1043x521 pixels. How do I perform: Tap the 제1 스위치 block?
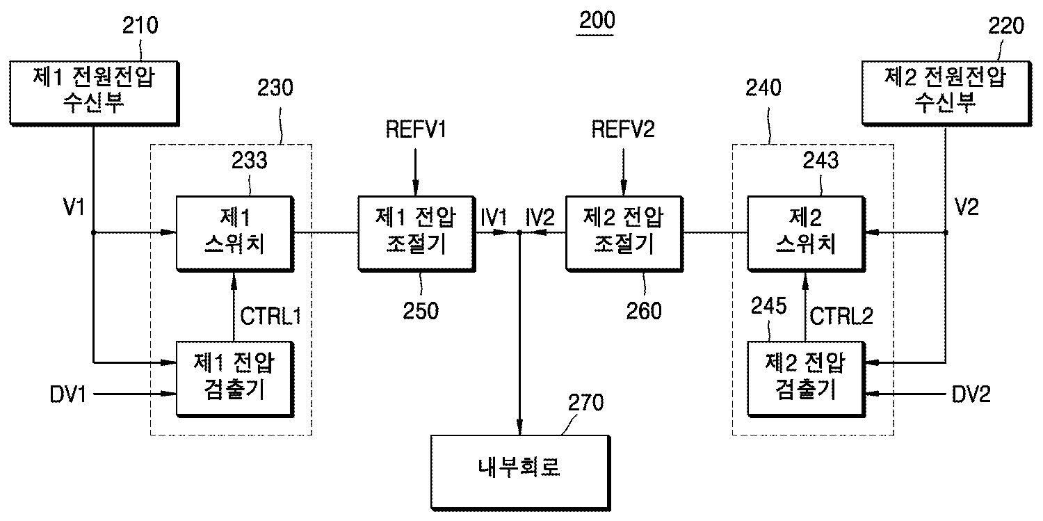[x=234, y=233]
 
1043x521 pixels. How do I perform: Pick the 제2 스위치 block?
[x=806, y=233]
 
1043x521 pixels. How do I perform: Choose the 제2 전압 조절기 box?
[x=624, y=233]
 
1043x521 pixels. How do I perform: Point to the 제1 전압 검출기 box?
[x=234, y=378]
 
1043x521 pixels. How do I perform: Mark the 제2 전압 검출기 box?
[x=806, y=378]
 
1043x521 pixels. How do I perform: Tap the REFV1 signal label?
[x=416, y=129]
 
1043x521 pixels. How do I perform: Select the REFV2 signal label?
[x=623, y=129]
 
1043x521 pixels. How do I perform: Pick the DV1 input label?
[x=67, y=394]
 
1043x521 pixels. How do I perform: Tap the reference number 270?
[x=586, y=402]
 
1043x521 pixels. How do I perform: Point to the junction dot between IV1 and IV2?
[x=519, y=234]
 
